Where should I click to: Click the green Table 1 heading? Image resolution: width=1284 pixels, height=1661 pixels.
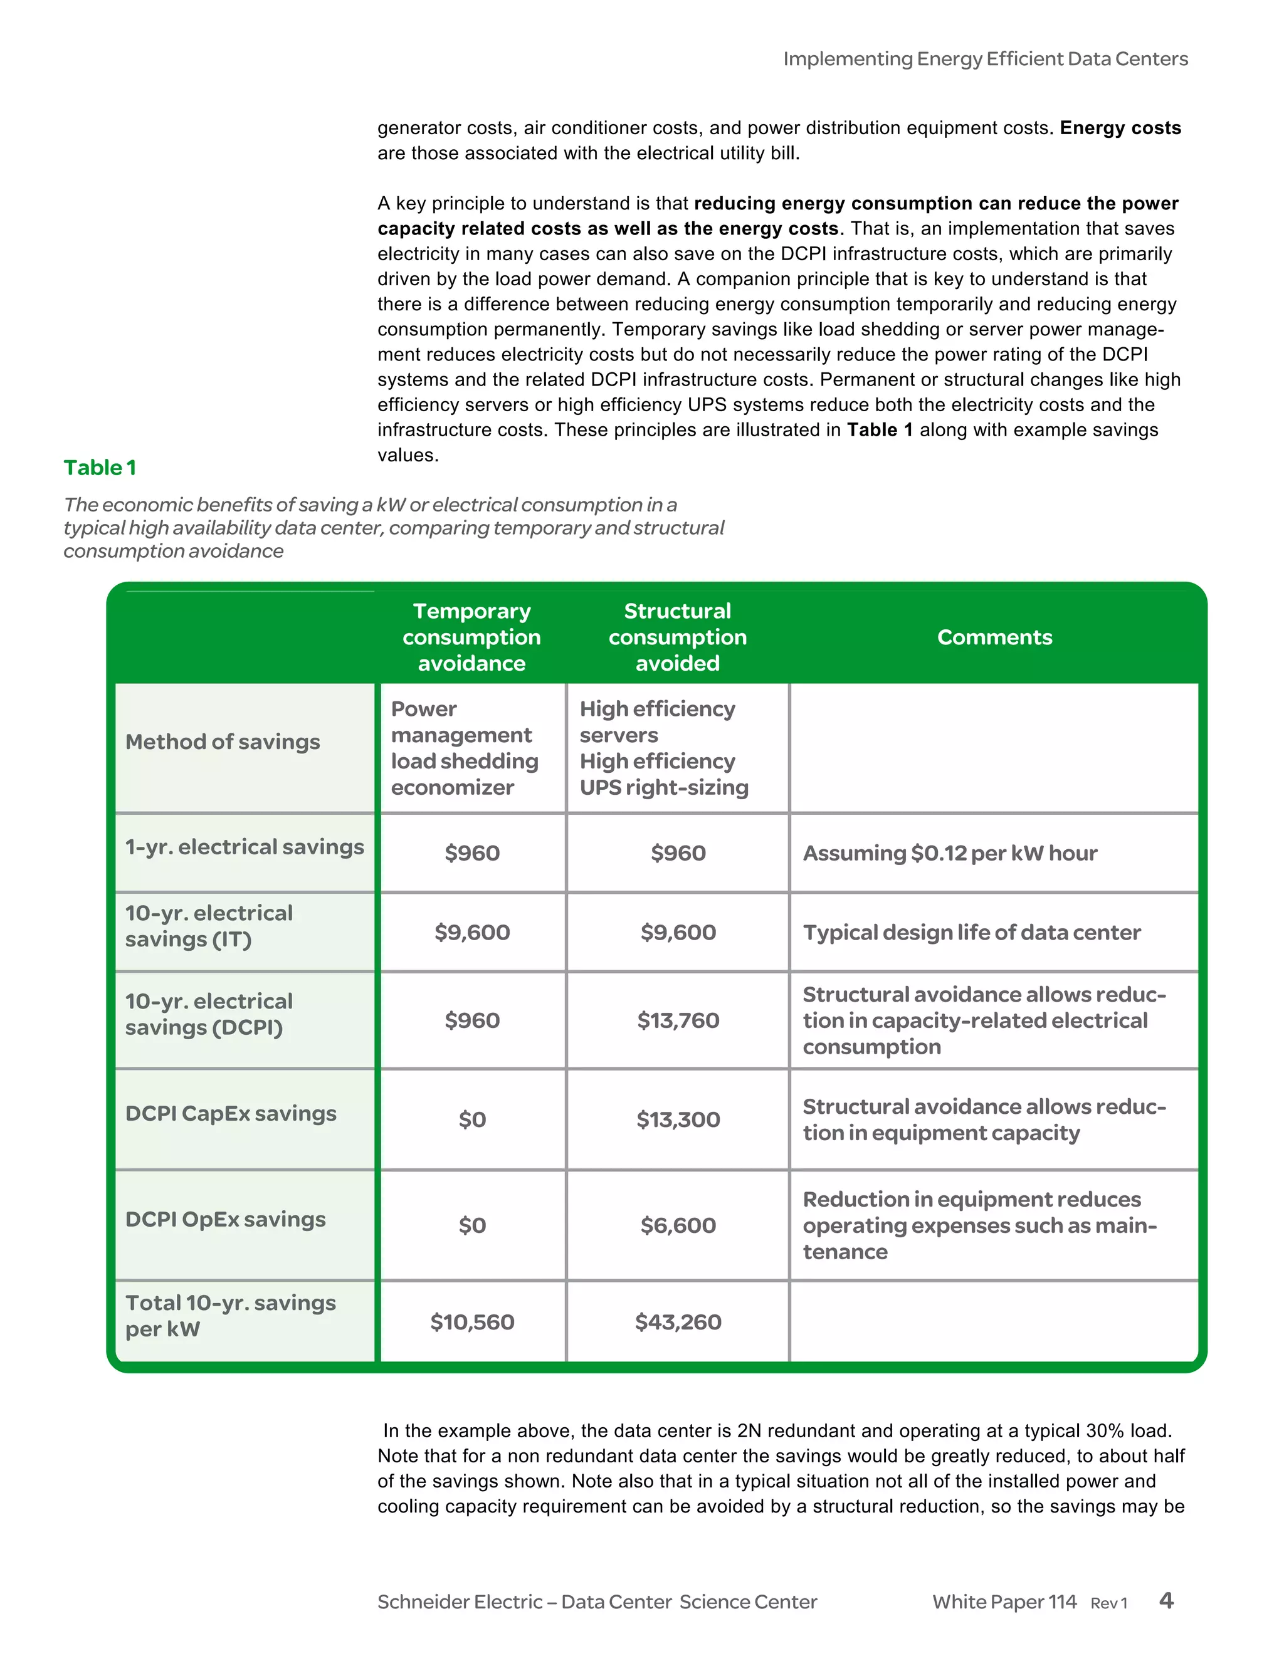100,468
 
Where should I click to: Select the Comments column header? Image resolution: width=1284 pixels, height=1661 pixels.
994,637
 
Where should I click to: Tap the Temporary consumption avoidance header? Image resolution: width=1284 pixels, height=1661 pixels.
471,637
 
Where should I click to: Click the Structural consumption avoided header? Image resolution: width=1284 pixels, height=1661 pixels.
677,637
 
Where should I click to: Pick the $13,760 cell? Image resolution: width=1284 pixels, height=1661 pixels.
678,1020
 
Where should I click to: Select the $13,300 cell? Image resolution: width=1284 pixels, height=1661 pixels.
678,1119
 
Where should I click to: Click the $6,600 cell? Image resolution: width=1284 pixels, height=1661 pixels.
678,1225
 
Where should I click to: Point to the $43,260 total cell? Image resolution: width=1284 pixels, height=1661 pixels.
678,1322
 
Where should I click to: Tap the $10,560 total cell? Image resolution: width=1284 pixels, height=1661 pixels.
472,1322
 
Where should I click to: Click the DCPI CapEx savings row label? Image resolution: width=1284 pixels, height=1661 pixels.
231,1113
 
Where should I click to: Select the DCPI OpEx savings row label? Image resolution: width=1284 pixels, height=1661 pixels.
225,1219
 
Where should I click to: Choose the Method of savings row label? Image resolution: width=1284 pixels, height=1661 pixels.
222,741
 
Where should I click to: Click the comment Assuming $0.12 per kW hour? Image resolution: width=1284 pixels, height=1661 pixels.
950,853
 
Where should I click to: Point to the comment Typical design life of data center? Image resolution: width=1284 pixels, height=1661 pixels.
971,933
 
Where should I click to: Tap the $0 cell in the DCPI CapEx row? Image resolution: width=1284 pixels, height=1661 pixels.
472,1119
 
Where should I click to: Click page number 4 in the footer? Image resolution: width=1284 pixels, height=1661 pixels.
1166,1601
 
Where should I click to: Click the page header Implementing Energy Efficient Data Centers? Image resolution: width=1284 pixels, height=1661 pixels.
985,58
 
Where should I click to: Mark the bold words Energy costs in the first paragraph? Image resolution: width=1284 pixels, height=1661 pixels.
1120,128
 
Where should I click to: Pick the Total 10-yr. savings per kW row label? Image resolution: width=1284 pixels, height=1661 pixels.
229,1316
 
